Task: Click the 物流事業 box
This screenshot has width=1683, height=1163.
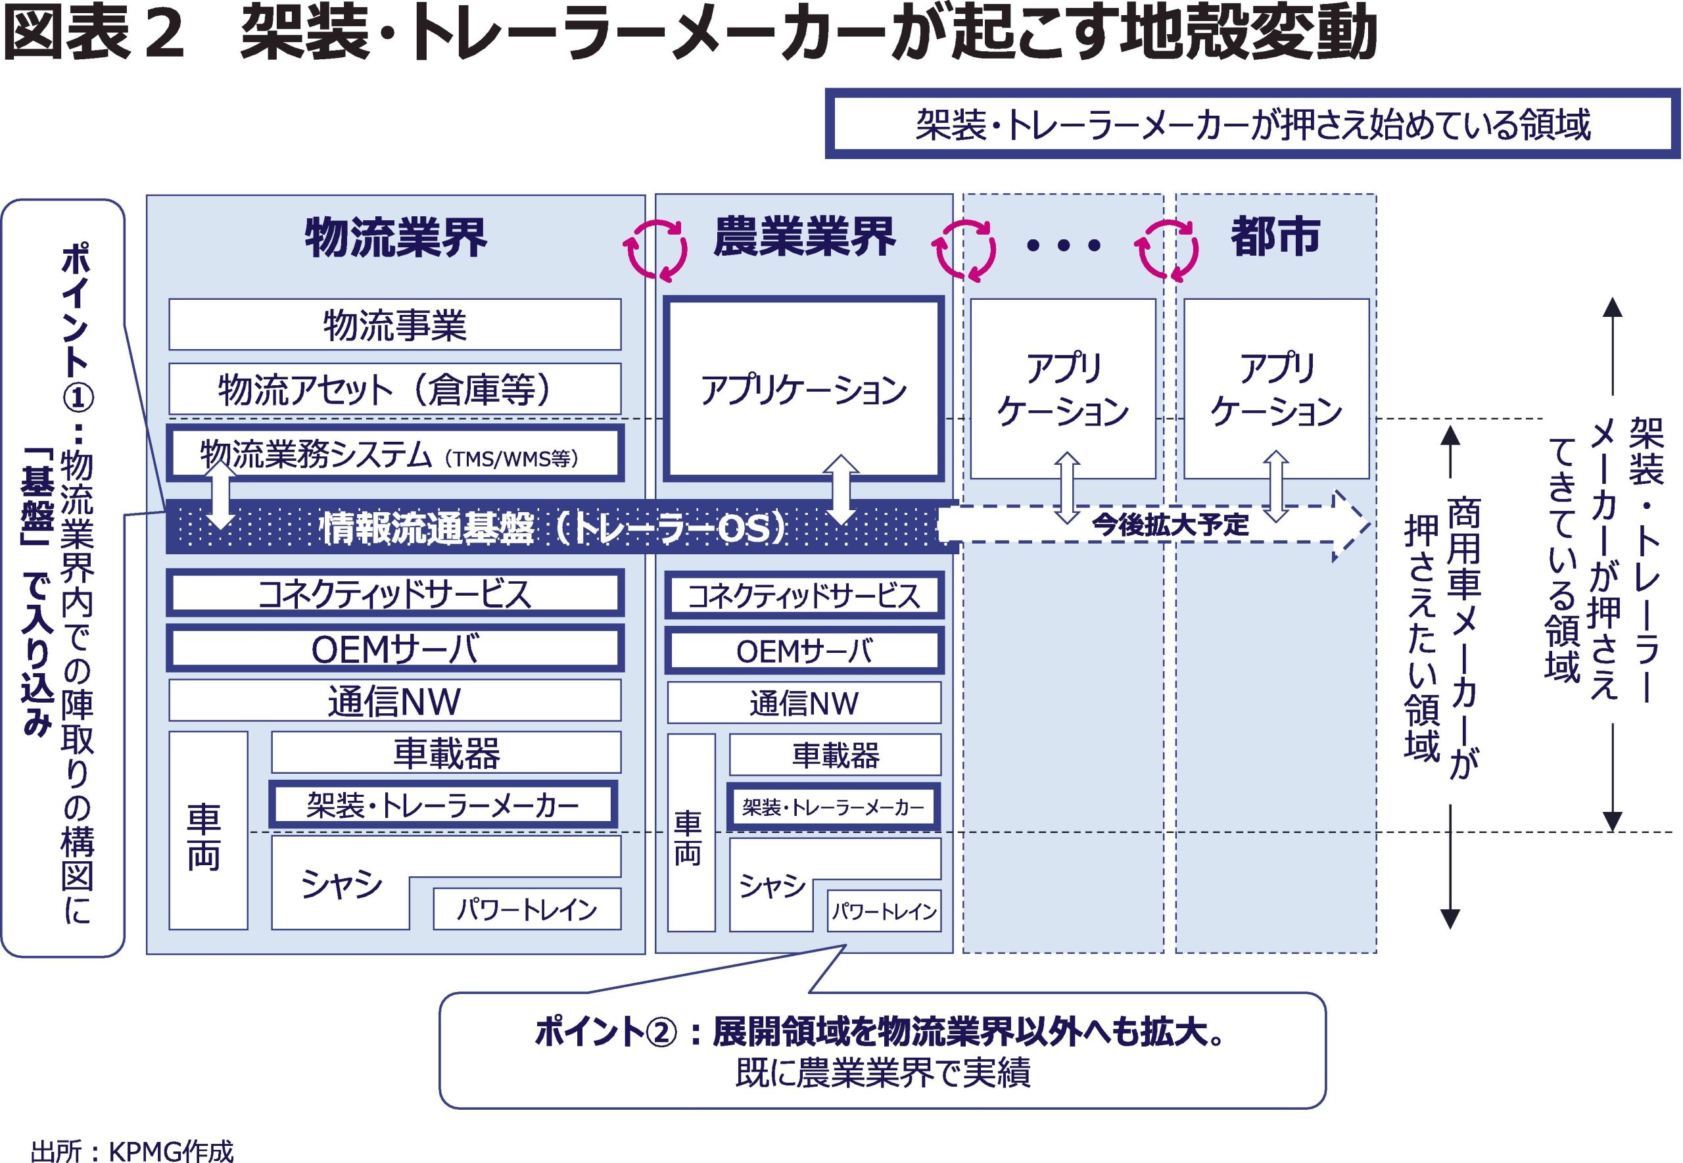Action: pyautogui.click(x=394, y=324)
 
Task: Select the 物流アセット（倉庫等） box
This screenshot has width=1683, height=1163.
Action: pyautogui.click(x=394, y=389)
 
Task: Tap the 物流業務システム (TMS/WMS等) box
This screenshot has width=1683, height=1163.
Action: pyautogui.click(x=394, y=455)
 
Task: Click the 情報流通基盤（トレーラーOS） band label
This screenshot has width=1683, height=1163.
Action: pyautogui.click(x=554, y=527)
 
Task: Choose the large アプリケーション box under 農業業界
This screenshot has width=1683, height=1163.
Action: pyautogui.click(x=803, y=389)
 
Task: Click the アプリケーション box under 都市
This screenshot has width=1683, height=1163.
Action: pyautogui.click(x=1276, y=389)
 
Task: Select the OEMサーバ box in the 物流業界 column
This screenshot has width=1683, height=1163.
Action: pyautogui.click(x=394, y=648)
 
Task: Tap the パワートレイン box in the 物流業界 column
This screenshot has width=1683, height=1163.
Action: pyautogui.click(x=527, y=909)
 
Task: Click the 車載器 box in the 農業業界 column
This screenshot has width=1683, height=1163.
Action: pyautogui.click(x=835, y=755)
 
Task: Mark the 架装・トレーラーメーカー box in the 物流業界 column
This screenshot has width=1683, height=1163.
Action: pyautogui.click(x=443, y=805)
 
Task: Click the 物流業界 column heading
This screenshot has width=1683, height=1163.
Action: pyautogui.click(x=396, y=237)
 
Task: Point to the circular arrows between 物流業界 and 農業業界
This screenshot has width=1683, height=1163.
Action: pyautogui.click(x=655, y=249)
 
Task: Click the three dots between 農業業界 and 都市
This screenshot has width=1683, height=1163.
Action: pyautogui.click(x=1063, y=246)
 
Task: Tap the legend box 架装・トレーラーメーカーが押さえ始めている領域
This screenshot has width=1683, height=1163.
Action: pyautogui.click(x=1252, y=124)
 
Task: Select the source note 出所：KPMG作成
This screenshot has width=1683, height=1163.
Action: pyautogui.click(x=133, y=1151)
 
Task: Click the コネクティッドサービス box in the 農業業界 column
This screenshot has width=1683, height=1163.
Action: pyautogui.click(x=803, y=596)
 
